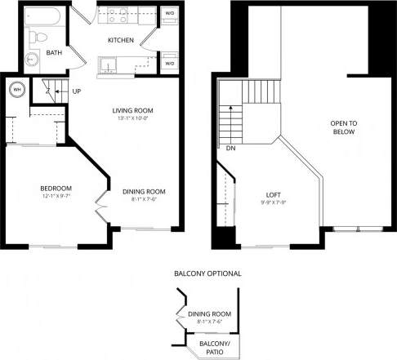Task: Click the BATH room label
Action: coord(53,54)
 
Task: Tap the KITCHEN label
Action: coord(121,40)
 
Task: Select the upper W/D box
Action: coord(170,13)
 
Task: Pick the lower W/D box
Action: coord(170,63)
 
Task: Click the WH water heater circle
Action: coord(16,90)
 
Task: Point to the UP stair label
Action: coord(76,91)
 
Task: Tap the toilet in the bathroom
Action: coord(35,38)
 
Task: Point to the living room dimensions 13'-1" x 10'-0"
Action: coord(134,119)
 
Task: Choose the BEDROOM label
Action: coord(56,188)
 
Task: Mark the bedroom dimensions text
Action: coord(56,197)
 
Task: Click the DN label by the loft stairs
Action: coord(231,149)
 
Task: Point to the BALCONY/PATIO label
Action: coord(214,347)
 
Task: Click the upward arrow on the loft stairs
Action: coord(230,110)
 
